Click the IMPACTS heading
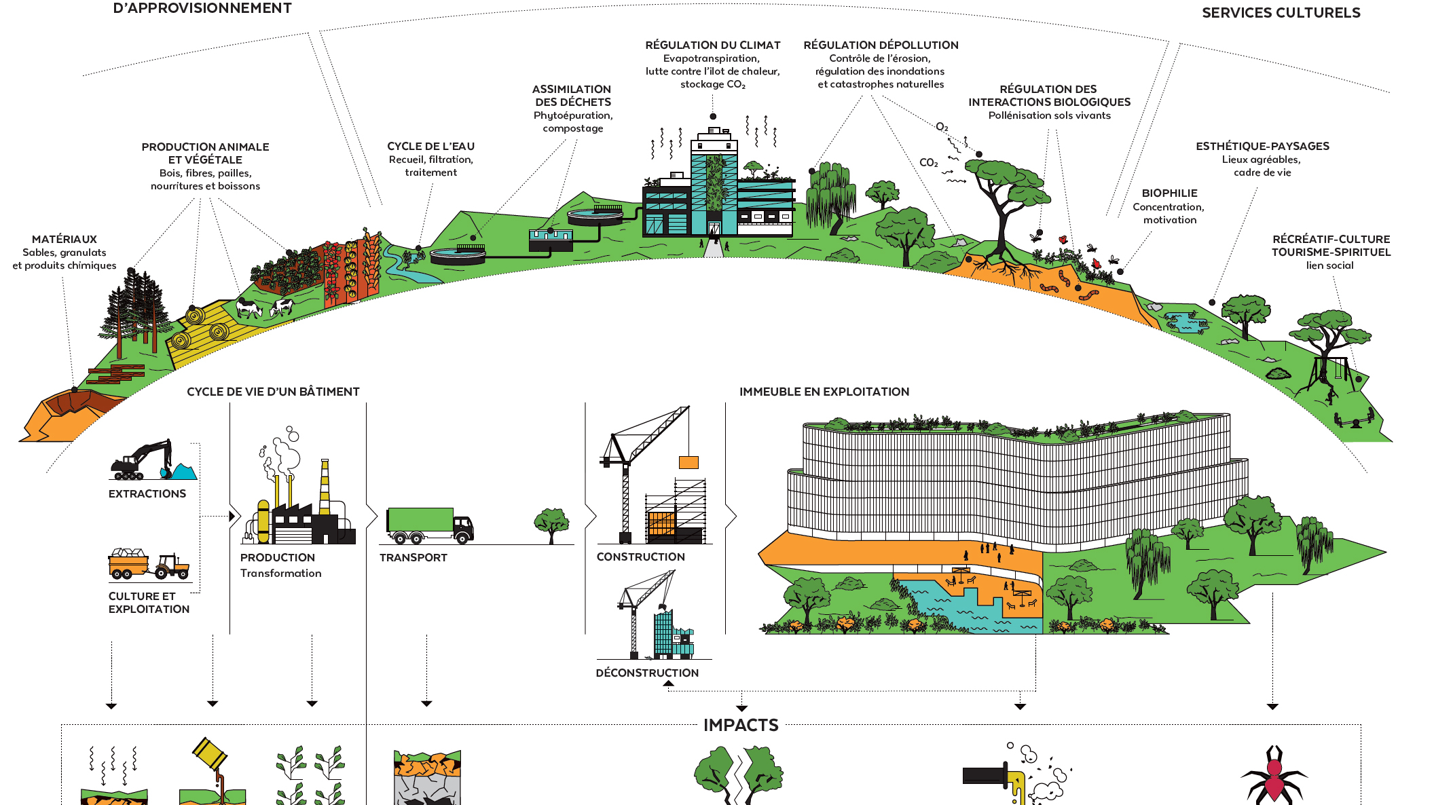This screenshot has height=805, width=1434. tap(741, 725)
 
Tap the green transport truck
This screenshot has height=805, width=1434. tap(428, 525)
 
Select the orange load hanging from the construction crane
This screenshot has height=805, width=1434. tap(688, 462)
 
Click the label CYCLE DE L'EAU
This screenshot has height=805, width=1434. tap(430, 147)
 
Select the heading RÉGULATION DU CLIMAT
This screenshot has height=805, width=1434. tap(712, 45)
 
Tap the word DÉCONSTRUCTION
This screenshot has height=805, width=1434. tap(647, 673)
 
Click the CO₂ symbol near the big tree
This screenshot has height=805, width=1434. tap(928, 163)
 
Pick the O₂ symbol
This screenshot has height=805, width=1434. tap(942, 127)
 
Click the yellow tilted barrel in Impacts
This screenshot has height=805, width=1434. tap(210, 753)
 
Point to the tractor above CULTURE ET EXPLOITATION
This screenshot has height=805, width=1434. tap(171, 566)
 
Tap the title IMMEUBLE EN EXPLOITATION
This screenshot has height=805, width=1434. tap(824, 392)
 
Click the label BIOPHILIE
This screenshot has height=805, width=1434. tap(1169, 193)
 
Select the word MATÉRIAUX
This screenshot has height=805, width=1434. tap(65, 240)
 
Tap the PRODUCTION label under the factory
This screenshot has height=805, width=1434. tap(277, 557)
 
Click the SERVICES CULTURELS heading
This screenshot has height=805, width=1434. tap(1281, 13)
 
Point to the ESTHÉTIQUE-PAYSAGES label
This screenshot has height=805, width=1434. tap(1262, 147)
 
